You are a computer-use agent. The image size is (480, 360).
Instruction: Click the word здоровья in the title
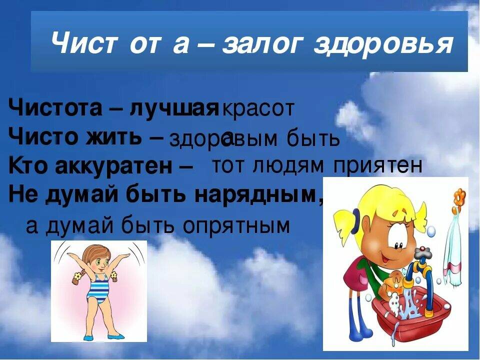tap(383, 45)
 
